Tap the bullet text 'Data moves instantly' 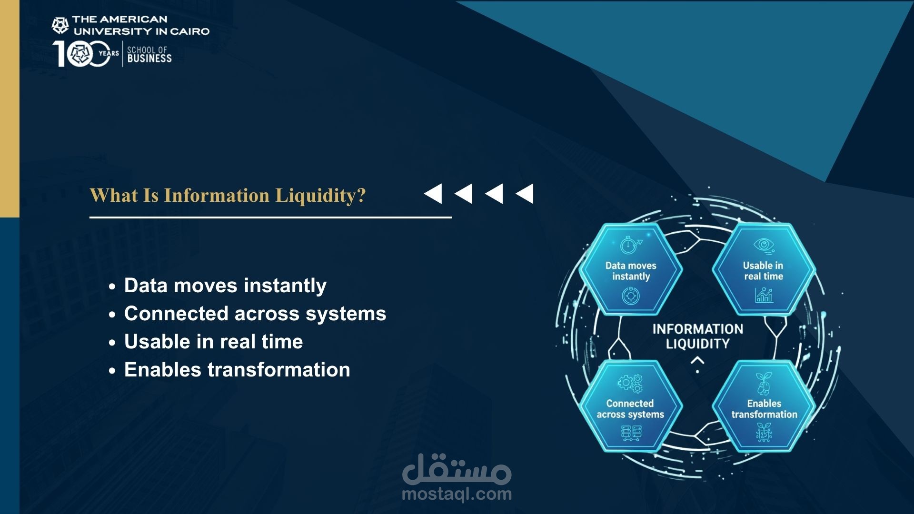point(225,286)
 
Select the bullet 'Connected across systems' point(255,314)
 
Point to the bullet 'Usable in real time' point(213,342)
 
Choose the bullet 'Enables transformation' point(237,370)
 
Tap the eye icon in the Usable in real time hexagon point(764,245)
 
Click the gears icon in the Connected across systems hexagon point(630,383)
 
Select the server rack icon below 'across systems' point(631,433)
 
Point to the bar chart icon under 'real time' point(764,295)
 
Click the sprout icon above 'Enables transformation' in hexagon point(764,384)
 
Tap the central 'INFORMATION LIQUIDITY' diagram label point(697,336)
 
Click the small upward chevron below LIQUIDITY point(697,361)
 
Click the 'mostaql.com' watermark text point(457,494)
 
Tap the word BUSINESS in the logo point(149,59)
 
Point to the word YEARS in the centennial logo point(109,53)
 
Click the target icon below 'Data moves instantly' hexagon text point(631,296)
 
